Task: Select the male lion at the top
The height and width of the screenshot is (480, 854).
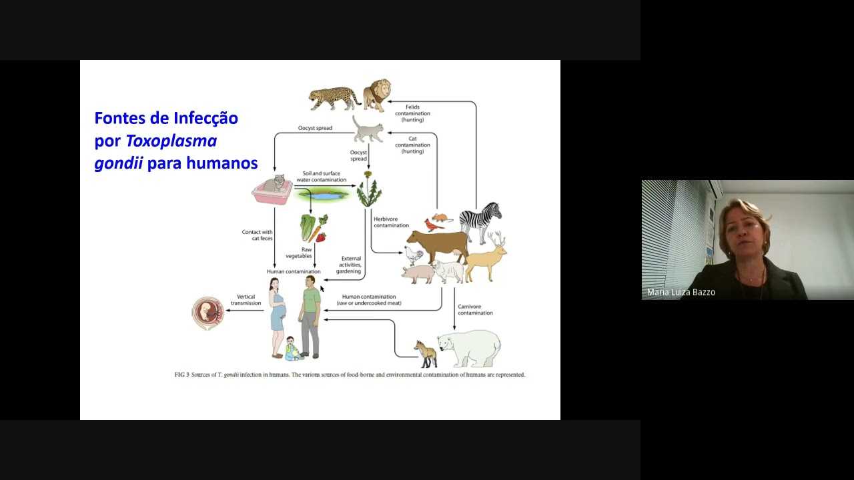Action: coord(378,94)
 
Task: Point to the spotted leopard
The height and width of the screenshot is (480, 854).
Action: coord(334,97)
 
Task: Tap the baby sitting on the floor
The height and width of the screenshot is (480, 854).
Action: coord(292,349)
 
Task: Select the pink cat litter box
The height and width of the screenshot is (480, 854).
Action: coord(272,190)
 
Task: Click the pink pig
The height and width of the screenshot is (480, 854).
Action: coord(418,273)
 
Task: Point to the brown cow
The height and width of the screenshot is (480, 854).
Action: coord(438,245)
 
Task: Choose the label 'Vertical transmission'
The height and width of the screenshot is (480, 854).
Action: coord(246,300)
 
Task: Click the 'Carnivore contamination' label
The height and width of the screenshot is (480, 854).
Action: coord(475,310)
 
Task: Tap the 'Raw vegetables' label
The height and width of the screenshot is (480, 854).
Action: coord(299,253)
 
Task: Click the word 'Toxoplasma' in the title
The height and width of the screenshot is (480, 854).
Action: coord(171,141)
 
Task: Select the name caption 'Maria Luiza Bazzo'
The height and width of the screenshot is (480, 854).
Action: coord(681,292)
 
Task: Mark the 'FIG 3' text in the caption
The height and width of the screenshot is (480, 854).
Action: coord(181,375)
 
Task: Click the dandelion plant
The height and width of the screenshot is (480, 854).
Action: coord(368,191)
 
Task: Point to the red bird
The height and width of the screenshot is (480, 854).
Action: coord(434,225)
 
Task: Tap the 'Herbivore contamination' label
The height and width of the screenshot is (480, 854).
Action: coord(391,222)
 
